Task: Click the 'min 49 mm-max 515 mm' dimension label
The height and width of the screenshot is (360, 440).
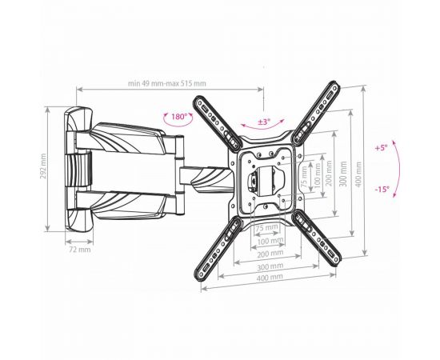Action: click(167, 83)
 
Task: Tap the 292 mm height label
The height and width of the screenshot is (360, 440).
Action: click(43, 166)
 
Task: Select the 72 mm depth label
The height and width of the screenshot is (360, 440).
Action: click(80, 249)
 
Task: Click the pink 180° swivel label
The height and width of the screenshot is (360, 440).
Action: click(178, 117)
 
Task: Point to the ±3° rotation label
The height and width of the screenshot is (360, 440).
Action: click(264, 122)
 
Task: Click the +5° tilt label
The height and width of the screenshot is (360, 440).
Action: click(381, 147)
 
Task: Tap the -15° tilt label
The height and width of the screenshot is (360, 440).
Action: click(382, 189)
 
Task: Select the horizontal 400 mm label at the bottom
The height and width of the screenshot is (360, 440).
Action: click(270, 278)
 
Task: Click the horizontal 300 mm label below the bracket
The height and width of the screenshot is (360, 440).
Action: click(270, 266)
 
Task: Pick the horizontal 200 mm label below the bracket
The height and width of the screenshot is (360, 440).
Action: click(270, 254)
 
